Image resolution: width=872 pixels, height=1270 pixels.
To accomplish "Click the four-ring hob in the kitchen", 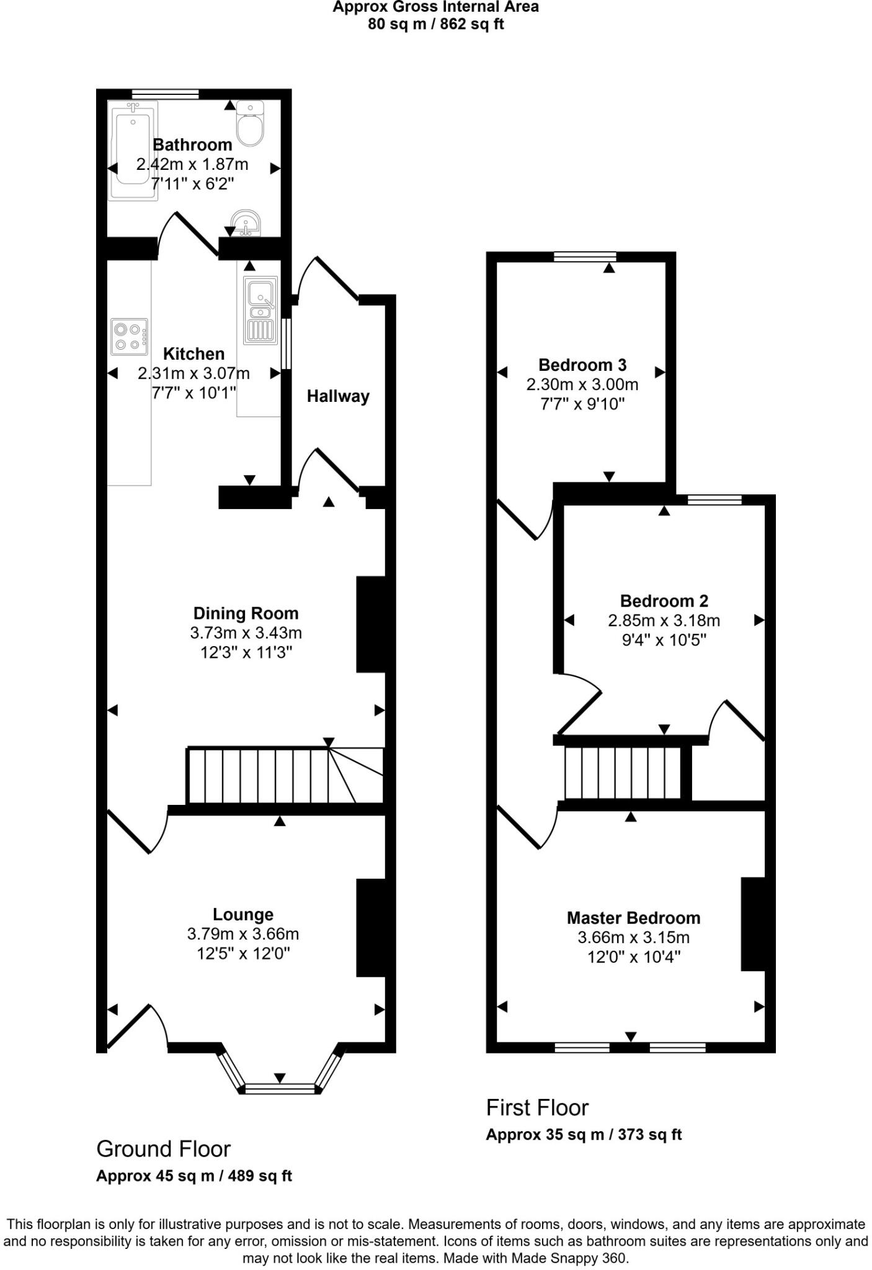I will click(x=130, y=337).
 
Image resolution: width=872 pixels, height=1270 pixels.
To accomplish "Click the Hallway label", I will click(x=338, y=396).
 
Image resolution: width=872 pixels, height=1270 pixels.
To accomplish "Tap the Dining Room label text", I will click(x=246, y=613).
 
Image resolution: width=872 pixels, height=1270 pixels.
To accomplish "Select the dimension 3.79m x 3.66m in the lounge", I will click(x=243, y=934).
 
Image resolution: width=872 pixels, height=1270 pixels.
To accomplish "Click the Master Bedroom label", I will click(x=633, y=918).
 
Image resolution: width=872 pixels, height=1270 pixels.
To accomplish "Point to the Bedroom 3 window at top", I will click(x=585, y=257).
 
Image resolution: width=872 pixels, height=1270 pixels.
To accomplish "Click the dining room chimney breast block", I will click(x=371, y=624).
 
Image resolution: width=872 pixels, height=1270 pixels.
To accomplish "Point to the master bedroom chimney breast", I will click(x=753, y=923).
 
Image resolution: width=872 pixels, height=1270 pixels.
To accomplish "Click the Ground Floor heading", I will click(x=164, y=1149).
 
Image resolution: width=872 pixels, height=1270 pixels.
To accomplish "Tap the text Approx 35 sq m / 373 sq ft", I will click(x=584, y=1135).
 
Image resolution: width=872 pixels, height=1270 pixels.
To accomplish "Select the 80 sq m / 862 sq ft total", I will click(x=436, y=25).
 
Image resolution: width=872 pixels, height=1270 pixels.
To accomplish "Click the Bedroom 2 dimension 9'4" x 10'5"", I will click(x=664, y=640).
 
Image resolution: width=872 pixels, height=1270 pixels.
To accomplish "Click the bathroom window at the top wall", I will click(x=165, y=94).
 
